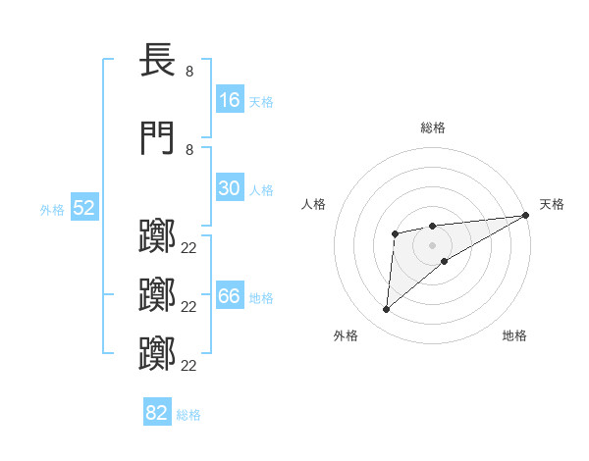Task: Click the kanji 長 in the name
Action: (x=158, y=60)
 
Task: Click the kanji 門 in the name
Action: (x=158, y=138)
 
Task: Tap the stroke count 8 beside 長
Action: (x=189, y=71)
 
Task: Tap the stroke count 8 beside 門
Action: (x=189, y=149)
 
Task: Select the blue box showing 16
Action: (x=229, y=100)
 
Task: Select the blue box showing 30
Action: (x=229, y=188)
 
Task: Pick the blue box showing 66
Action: (x=229, y=297)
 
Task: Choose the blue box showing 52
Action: (x=83, y=208)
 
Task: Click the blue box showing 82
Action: (x=157, y=413)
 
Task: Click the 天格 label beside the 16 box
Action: (x=260, y=101)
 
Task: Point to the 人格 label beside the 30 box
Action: (x=260, y=189)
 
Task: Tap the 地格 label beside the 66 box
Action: (x=260, y=298)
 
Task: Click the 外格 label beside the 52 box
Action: (x=52, y=209)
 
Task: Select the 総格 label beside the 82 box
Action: (x=188, y=414)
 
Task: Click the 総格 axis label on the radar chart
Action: (x=433, y=127)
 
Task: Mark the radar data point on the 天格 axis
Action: (x=526, y=215)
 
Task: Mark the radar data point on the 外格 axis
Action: (x=386, y=310)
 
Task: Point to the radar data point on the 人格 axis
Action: (x=395, y=233)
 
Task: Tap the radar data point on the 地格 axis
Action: (x=445, y=261)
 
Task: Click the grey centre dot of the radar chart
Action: (x=432, y=244)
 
